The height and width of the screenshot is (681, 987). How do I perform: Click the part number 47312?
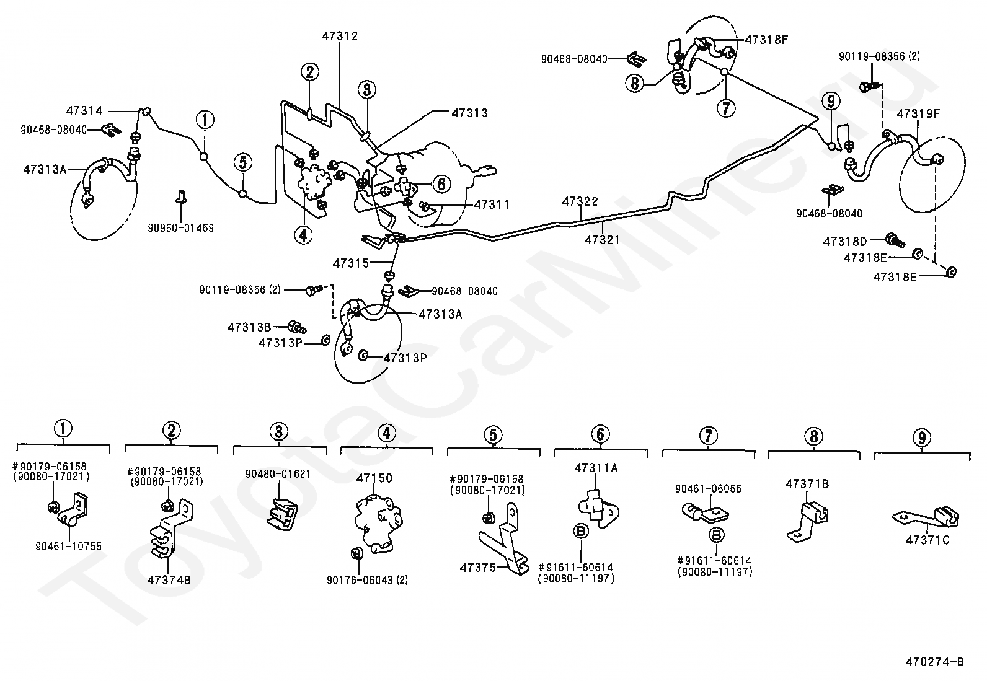(x=340, y=37)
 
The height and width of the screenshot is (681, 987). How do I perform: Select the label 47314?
(x=84, y=111)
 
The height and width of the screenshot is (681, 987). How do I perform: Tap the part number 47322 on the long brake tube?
(x=580, y=201)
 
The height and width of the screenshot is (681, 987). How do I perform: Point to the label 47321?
(x=601, y=240)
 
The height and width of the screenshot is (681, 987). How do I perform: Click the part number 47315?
(x=350, y=263)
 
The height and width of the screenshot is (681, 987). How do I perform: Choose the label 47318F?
(x=766, y=40)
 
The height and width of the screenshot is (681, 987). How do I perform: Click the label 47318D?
(x=844, y=240)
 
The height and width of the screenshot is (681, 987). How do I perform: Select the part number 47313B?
(x=249, y=327)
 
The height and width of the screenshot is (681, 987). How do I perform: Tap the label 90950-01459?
(x=180, y=228)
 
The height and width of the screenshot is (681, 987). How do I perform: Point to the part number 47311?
(x=492, y=204)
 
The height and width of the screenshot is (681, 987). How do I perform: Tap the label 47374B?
(x=169, y=580)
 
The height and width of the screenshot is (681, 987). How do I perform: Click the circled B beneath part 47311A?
(x=582, y=531)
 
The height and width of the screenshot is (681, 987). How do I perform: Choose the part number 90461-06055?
(x=708, y=489)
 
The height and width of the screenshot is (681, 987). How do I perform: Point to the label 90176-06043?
(x=368, y=581)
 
